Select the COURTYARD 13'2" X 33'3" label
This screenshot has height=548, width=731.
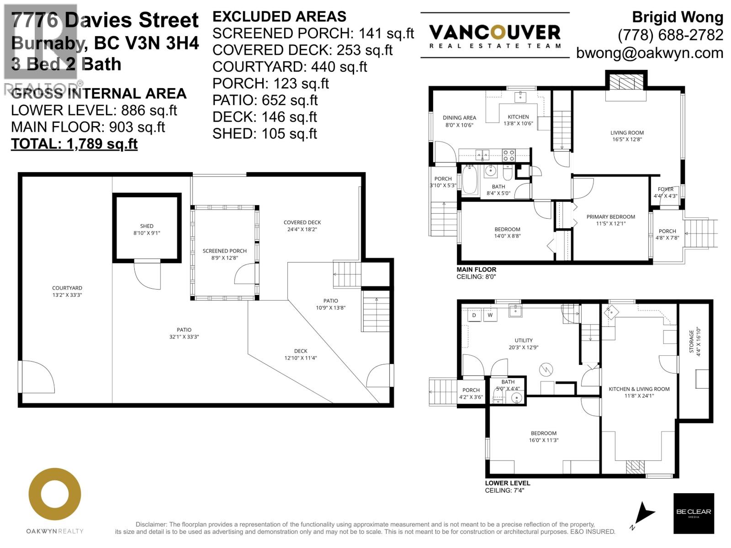(x=67, y=291)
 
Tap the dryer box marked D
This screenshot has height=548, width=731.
(x=474, y=315)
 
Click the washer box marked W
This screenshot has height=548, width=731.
(x=490, y=315)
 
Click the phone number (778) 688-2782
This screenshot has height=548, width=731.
(x=670, y=35)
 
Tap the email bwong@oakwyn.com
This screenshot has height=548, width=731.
(x=650, y=53)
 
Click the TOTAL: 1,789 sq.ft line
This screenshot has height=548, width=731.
(x=74, y=144)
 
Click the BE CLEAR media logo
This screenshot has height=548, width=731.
(x=694, y=513)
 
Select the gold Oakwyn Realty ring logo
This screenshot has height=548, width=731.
(x=55, y=494)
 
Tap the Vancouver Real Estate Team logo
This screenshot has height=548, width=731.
(x=495, y=36)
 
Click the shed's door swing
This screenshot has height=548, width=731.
(x=148, y=275)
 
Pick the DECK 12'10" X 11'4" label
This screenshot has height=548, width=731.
(x=301, y=354)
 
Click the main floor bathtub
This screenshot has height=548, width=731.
(x=470, y=180)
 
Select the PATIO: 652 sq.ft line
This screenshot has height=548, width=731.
(x=265, y=100)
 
